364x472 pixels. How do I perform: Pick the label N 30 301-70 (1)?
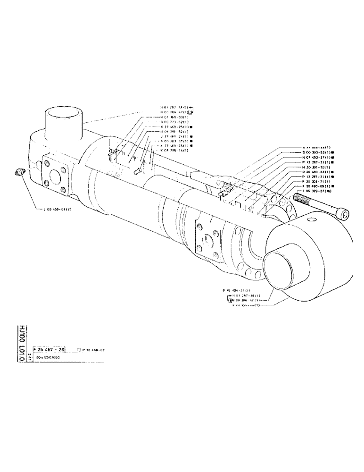coord(317,167)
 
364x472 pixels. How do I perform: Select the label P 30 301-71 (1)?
coord(317,181)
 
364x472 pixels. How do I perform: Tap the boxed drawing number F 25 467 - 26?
coord(50,349)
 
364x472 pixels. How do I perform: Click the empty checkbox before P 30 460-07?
coord(79,350)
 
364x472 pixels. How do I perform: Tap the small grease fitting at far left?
coord(19,173)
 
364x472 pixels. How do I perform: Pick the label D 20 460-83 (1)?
coord(318,172)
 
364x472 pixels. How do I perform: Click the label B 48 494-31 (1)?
coord(237,289)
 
